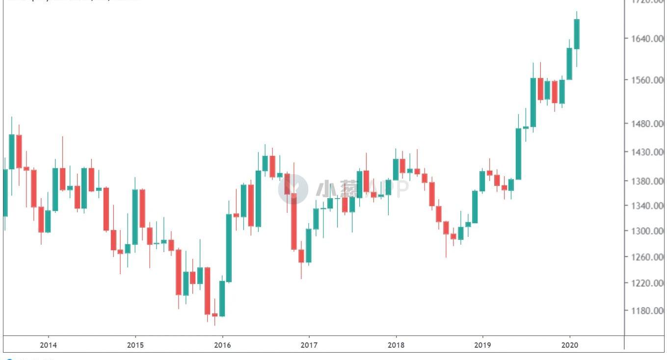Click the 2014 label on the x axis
click(48, 345)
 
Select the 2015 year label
click(135, 345)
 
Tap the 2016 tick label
click(222, 345)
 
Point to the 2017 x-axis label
click(309, 345)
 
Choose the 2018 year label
click(396, 345)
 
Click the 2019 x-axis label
click(482, 345)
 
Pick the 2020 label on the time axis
click(570, 345)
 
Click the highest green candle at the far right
click(577, 34)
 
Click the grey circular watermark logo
click(293, 189)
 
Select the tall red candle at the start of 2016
click(208, 290)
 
